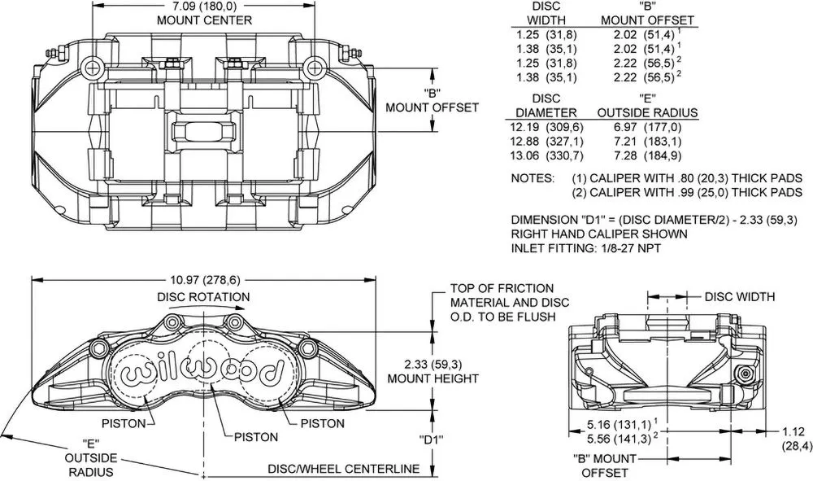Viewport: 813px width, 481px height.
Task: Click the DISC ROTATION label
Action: click(x=203, y=297)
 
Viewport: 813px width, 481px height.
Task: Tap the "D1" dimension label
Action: click(x=432, y=440)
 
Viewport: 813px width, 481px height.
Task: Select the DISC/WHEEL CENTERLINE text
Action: click(x=343, y=469)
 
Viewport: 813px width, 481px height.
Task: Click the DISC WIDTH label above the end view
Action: click(x=739, y=297)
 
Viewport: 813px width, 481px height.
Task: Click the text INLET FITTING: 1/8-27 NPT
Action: click(x=586, y=248)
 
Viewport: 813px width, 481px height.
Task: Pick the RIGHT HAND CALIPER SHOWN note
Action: click(x=599, y=234)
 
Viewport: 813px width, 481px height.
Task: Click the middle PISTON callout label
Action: click(x=256, y=437)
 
